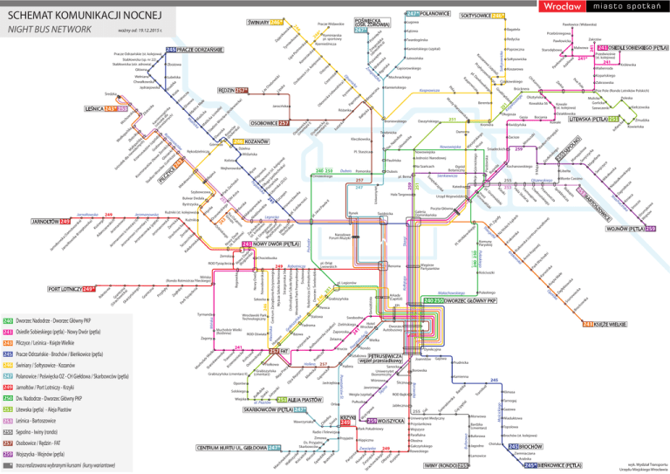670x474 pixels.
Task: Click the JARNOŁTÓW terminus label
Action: click(x=30, y=221)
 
